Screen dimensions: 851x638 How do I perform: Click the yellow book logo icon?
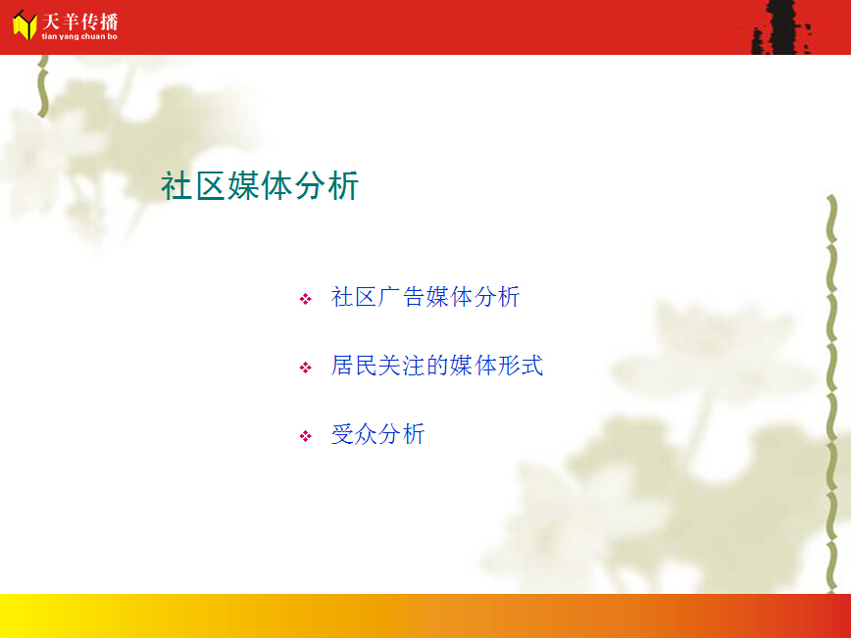(x=25, y=25)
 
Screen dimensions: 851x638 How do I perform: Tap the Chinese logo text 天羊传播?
(x=79, y=23)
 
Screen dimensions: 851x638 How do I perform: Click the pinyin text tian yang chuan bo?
(x=79, y=36)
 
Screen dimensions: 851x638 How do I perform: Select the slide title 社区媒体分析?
(x=260, y=185)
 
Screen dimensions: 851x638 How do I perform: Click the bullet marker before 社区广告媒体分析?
(x=306, y=299)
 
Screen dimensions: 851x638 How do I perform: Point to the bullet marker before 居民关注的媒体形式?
(x=306, y=368)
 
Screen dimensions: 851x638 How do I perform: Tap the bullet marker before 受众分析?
(x=306, y=436)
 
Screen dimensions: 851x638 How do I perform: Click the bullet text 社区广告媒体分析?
(x=425, y=297)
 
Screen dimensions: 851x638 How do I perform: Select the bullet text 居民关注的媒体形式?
(x=437, y=366)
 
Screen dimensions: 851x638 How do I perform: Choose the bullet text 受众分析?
(x=377, y=434)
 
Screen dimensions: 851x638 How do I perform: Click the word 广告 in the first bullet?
(x=402, y=297)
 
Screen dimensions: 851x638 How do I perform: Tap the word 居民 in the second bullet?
(x=354, y=366)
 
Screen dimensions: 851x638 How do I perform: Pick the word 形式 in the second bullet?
(x=521, y=366)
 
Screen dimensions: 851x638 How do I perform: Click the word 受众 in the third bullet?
(x=354, y=434)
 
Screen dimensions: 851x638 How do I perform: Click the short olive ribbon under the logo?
(x=43, y=85)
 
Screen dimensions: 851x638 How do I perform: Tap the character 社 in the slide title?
(x=176, y=185)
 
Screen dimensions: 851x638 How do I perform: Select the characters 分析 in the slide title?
(x=326, y=185)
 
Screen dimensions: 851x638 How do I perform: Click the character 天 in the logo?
(x=51, y=23)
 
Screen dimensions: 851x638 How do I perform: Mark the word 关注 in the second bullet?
(x=402, y=366)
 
